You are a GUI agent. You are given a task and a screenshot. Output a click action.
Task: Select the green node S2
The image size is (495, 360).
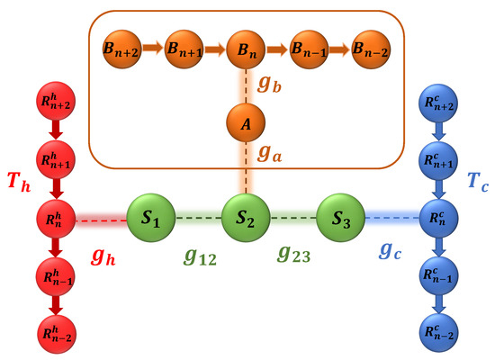coord(245,217)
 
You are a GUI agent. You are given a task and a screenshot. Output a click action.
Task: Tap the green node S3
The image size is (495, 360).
coord(339,217)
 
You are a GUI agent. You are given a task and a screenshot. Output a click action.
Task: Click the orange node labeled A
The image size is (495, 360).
coord(245,124)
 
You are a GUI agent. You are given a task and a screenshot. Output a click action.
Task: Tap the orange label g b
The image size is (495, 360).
coord(271,87)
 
